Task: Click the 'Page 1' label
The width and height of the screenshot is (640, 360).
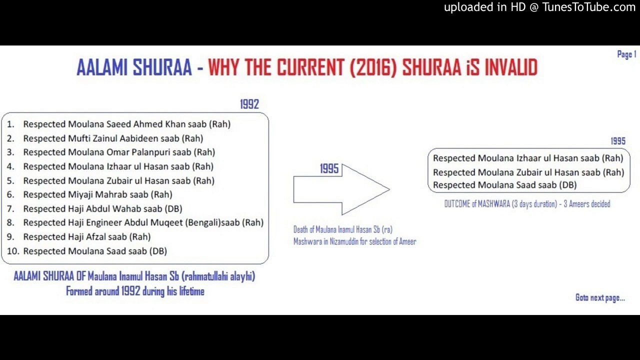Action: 626,54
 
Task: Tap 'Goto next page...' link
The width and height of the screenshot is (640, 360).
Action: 600,298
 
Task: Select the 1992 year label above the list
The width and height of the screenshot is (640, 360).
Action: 249,104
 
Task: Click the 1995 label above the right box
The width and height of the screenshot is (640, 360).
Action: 617,141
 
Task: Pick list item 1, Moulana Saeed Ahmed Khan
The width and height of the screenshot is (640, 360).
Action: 126,124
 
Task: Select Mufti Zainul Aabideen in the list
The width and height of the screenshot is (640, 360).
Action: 113,138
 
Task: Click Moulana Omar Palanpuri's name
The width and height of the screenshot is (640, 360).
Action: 119,152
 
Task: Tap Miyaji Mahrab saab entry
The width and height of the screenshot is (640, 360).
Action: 97,194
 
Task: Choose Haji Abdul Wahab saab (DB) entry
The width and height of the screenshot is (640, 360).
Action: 102,208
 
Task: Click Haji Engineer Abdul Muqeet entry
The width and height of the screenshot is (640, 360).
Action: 143,222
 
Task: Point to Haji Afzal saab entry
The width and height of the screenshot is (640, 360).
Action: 87,236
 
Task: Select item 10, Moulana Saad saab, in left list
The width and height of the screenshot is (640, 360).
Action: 95,251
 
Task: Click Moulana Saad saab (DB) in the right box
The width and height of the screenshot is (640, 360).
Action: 504,185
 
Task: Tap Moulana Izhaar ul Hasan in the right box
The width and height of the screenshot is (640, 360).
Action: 528,158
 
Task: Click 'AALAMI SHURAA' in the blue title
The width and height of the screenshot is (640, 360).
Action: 134,67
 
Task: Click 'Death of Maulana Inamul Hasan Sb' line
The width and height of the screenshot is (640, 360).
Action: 343,229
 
